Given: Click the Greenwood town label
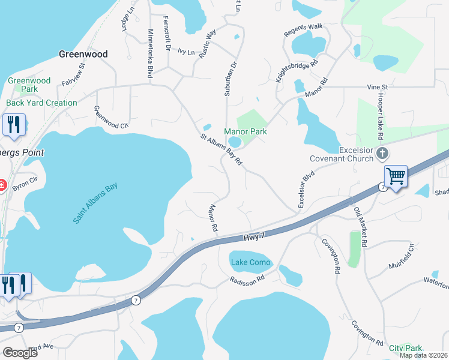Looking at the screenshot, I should click(83, 54).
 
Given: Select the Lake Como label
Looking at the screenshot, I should click(251, 263).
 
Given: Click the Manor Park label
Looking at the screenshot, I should click(245, 131).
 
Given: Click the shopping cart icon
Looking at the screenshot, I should click(396, 176).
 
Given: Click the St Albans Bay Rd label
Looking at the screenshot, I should click(221, 150).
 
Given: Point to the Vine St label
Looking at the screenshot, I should click(378, 87).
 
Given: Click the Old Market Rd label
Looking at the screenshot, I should click(361, 227).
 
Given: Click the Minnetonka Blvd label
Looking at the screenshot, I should click(149, 55).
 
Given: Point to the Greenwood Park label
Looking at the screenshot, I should click(29, 85).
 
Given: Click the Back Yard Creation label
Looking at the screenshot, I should click(41, 103).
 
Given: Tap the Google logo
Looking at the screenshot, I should click(19, 353).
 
